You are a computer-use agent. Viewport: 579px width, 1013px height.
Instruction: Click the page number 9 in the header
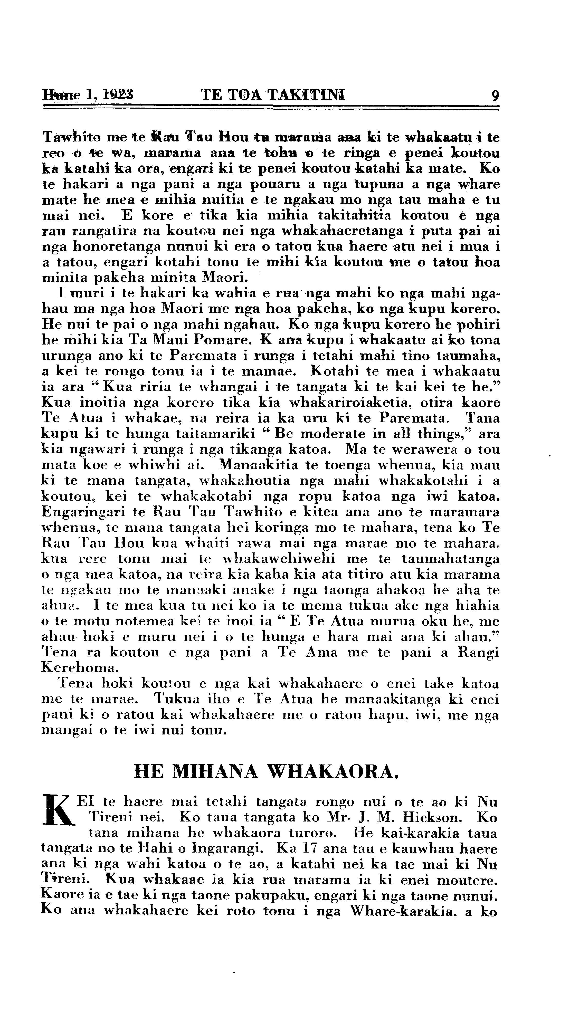point(495,96)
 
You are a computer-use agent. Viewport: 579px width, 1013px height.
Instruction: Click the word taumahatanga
point(451,559)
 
